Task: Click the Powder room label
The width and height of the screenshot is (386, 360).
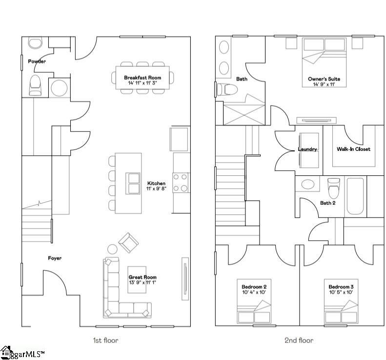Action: pyautogui.click(x=37, y=62)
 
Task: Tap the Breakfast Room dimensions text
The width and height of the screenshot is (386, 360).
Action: pyautogui.click(x=142, y=84)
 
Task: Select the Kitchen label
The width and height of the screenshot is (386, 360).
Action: pyautogui.click(x=156, y=184)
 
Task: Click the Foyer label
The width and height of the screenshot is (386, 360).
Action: pyautogui.click(x=55, y=258)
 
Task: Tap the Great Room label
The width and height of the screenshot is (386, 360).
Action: pyautogui.click(x=142, y=277)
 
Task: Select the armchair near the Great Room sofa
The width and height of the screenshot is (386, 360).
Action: pyautogui.click(x=128, y=242)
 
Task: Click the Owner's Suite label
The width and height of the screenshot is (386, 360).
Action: pyautogui.click(x=324, y=79)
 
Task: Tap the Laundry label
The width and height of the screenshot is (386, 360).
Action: pyautogui.click(x=307, y=149)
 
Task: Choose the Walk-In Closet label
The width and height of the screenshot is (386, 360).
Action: pyautogui.click(x=353, y=149)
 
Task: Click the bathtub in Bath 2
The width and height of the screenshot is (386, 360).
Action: pyautogui.click(x=355, y=196)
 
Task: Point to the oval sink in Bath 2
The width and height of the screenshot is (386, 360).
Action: pyautogui.click(x=308, y=185)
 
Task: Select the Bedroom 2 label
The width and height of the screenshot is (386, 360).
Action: pyautogui.click(x=254, y=286)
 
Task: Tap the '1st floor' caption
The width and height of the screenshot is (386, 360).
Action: pyautogui.click(x=105, y=340)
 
